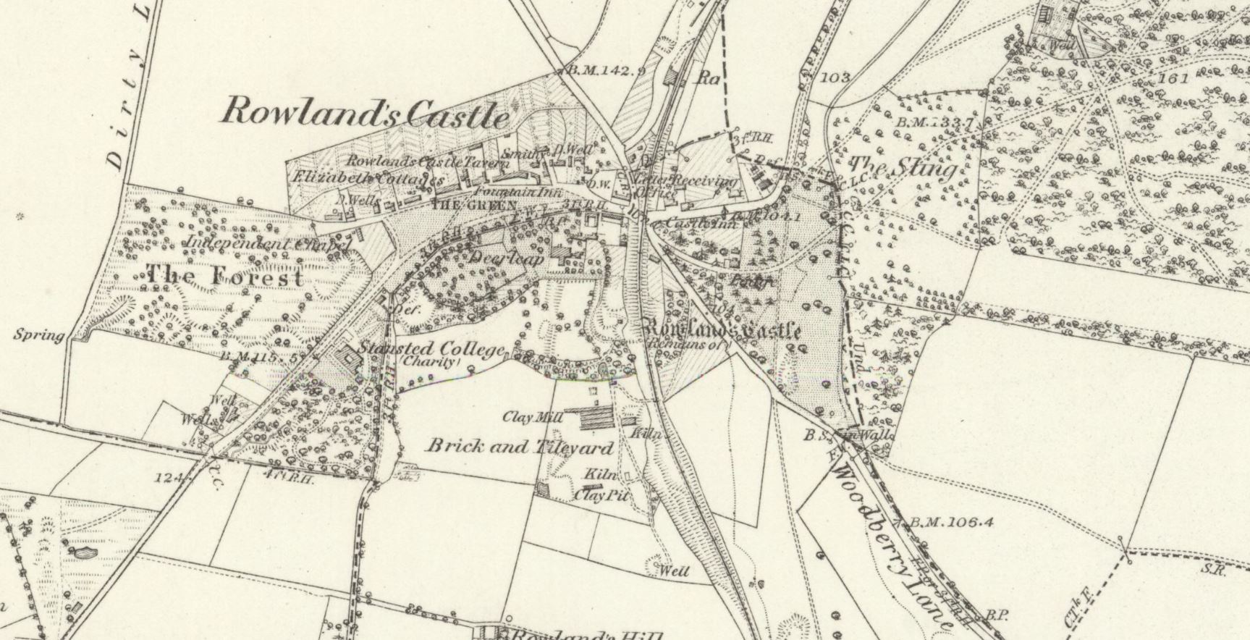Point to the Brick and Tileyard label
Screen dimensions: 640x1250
(x=520, y=446)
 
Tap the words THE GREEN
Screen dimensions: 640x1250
(x=463, y=205)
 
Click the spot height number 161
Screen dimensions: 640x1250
(x=1173, y=78)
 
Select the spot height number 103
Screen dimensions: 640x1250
(x=835, y=77)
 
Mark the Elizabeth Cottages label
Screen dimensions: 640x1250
(x=368, y=177)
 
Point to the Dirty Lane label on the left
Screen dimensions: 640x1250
(x=136, y=87)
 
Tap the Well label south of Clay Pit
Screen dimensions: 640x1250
(x=673, y=571)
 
